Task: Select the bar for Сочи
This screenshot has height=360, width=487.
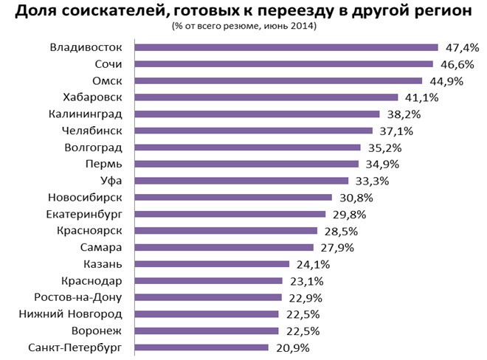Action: [x=283, y=64]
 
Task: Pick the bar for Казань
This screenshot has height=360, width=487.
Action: [x=212, y=263]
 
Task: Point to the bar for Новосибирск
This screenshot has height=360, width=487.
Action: [x=233, y=197]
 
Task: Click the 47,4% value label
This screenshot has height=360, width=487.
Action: [x=462, y=48]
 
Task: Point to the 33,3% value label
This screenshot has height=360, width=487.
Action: [x=371, y=181]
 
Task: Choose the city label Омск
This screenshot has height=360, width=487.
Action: [x=106, y=81]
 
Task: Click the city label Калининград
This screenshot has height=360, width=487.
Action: [x=85, y=114]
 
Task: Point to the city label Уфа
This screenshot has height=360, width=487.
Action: [x=110, y=181]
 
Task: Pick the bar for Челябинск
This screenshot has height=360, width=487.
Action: [x=253, y=131]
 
